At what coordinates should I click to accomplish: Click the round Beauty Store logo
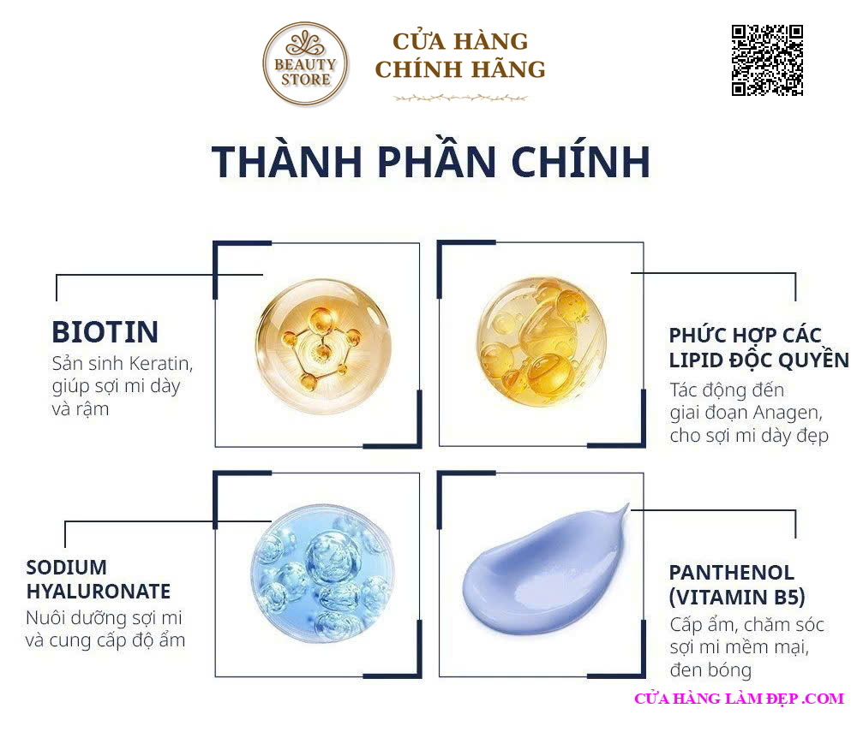point(305,63)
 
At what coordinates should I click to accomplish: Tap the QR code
point(767,60)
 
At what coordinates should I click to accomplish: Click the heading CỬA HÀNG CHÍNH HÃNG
point(460,56)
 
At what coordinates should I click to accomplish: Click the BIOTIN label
point(105,332)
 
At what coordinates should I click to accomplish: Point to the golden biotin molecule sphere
point(324,347)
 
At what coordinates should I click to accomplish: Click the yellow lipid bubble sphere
point(541,342)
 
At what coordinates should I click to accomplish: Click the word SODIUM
point(67,568)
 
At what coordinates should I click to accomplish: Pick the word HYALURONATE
point(99,591)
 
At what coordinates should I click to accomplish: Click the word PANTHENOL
point(732,573)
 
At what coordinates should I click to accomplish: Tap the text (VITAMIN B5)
point(737,598)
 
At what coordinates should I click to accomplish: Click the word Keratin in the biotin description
point(161,364)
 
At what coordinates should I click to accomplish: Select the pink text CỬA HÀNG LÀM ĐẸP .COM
point(740,699)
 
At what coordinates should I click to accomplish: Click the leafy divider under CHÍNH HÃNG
point(460,98)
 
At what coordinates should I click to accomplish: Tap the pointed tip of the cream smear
point(628,503)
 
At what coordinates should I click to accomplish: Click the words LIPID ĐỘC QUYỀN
point(759,360)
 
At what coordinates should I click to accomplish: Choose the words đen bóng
point(710,670)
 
